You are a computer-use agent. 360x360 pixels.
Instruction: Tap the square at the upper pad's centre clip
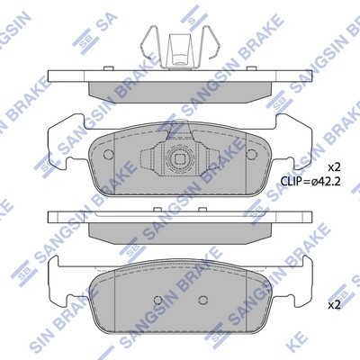tap(179, 163)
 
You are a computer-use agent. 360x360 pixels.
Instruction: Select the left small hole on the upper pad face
tap(109, 154)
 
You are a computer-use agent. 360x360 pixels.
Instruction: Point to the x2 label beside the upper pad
tap(333, 167)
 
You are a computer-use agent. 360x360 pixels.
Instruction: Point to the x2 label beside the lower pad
tap(333, 304)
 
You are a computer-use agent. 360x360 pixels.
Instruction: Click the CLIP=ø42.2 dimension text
tap(311, 182)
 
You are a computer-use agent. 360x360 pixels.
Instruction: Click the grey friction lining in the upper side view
tap(179, 88)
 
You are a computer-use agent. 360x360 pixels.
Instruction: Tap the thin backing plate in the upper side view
tap(179, 76)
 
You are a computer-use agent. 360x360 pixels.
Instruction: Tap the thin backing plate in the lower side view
tap(179, 218)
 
